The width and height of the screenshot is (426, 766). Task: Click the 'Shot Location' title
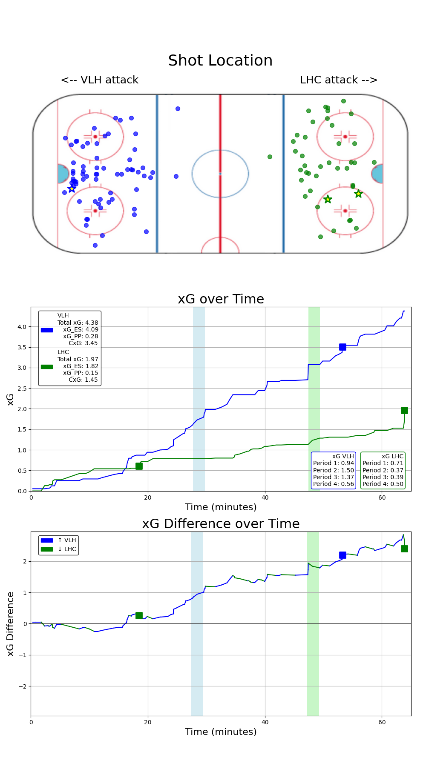coord(220,60)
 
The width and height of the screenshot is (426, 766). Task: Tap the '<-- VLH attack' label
coord(100,80)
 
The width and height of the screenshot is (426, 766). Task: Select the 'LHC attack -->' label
coord(339,80)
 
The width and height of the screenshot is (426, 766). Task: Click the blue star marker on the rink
coord(72,189)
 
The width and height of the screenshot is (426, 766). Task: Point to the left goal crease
coord(63,174)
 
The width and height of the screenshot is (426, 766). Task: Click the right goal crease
coord(377,174)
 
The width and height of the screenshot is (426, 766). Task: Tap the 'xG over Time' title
coord(221,299)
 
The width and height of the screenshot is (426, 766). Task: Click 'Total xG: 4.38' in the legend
coord(78,323)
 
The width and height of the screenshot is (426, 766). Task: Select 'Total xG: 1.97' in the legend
coord(78,359)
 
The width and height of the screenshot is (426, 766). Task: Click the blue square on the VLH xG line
coord(343,347)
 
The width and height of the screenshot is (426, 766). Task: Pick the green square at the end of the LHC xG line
coord(404,410)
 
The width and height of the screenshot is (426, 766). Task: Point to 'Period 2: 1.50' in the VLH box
coord(334,470)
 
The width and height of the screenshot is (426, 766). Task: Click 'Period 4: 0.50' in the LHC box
coord(383,484)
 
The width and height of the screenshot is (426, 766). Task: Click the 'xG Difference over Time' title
coord(221,524)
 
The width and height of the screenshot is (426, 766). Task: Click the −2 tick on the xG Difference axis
coord(21,686)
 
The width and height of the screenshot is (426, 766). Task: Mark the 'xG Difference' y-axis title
coord(11,624)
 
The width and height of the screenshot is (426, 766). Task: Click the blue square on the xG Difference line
coord(343,555)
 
